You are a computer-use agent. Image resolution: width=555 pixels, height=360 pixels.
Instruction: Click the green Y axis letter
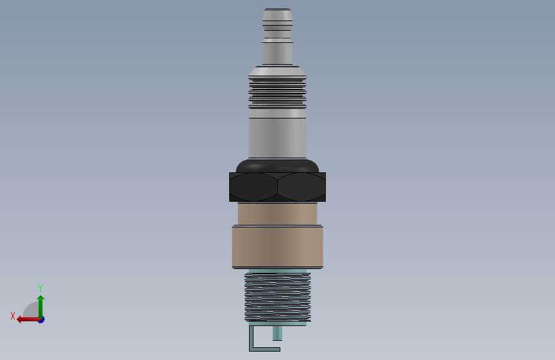40,288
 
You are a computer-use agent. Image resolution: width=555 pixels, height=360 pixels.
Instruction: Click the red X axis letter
13,316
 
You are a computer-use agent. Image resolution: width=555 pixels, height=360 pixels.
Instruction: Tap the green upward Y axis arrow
41,307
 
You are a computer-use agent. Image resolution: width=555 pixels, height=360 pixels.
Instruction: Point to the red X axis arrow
28,320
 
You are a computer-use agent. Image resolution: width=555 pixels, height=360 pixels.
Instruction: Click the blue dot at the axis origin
42,320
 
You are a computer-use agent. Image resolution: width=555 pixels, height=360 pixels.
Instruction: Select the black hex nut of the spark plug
278,187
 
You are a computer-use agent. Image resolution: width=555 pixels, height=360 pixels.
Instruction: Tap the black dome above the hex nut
278,166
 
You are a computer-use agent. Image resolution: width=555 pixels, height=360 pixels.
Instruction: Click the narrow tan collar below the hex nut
278,214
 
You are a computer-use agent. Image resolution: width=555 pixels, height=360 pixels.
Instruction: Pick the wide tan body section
278,247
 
